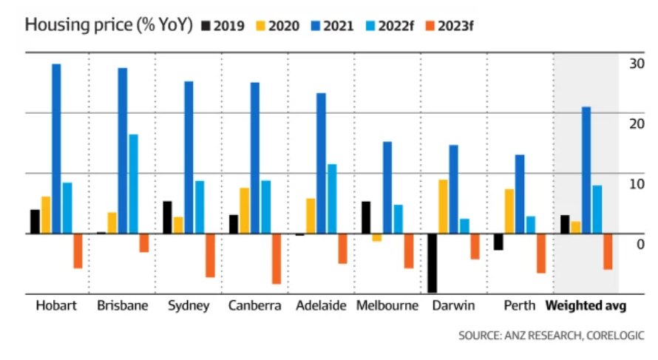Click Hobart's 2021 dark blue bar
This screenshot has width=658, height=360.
pos(56,149)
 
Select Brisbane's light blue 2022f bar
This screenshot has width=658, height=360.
pos(133,184)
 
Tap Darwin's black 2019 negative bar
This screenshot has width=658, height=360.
pos(433,263)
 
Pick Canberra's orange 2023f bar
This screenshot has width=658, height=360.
pos(277,259)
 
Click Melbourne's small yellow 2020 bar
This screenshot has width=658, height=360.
pos(377,237)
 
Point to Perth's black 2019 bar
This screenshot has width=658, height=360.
pos(498,242)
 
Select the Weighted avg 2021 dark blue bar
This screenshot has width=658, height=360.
pos(586,170)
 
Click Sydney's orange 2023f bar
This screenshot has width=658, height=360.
pos(210,256)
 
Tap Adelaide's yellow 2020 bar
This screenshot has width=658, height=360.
pos(311,216)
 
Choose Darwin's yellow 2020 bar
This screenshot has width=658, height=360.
pos(443,206)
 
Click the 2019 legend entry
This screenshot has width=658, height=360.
pos(223,26)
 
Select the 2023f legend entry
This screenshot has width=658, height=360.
pos(450,26)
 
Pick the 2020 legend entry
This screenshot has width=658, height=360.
pos(278,26)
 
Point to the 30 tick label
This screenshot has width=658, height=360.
pos(637,64)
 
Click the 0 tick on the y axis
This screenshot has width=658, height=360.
pos(640,244)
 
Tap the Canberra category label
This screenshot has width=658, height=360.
pos(255,305)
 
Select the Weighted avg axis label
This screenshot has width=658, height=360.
pos(586,306)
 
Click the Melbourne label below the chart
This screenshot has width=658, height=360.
pos(387,305)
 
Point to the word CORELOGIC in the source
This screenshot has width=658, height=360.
pos(615,336)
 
